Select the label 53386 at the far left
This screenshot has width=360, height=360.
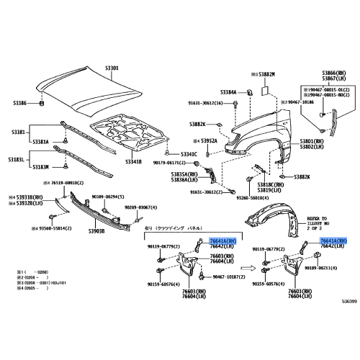(x=19, y=104)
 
